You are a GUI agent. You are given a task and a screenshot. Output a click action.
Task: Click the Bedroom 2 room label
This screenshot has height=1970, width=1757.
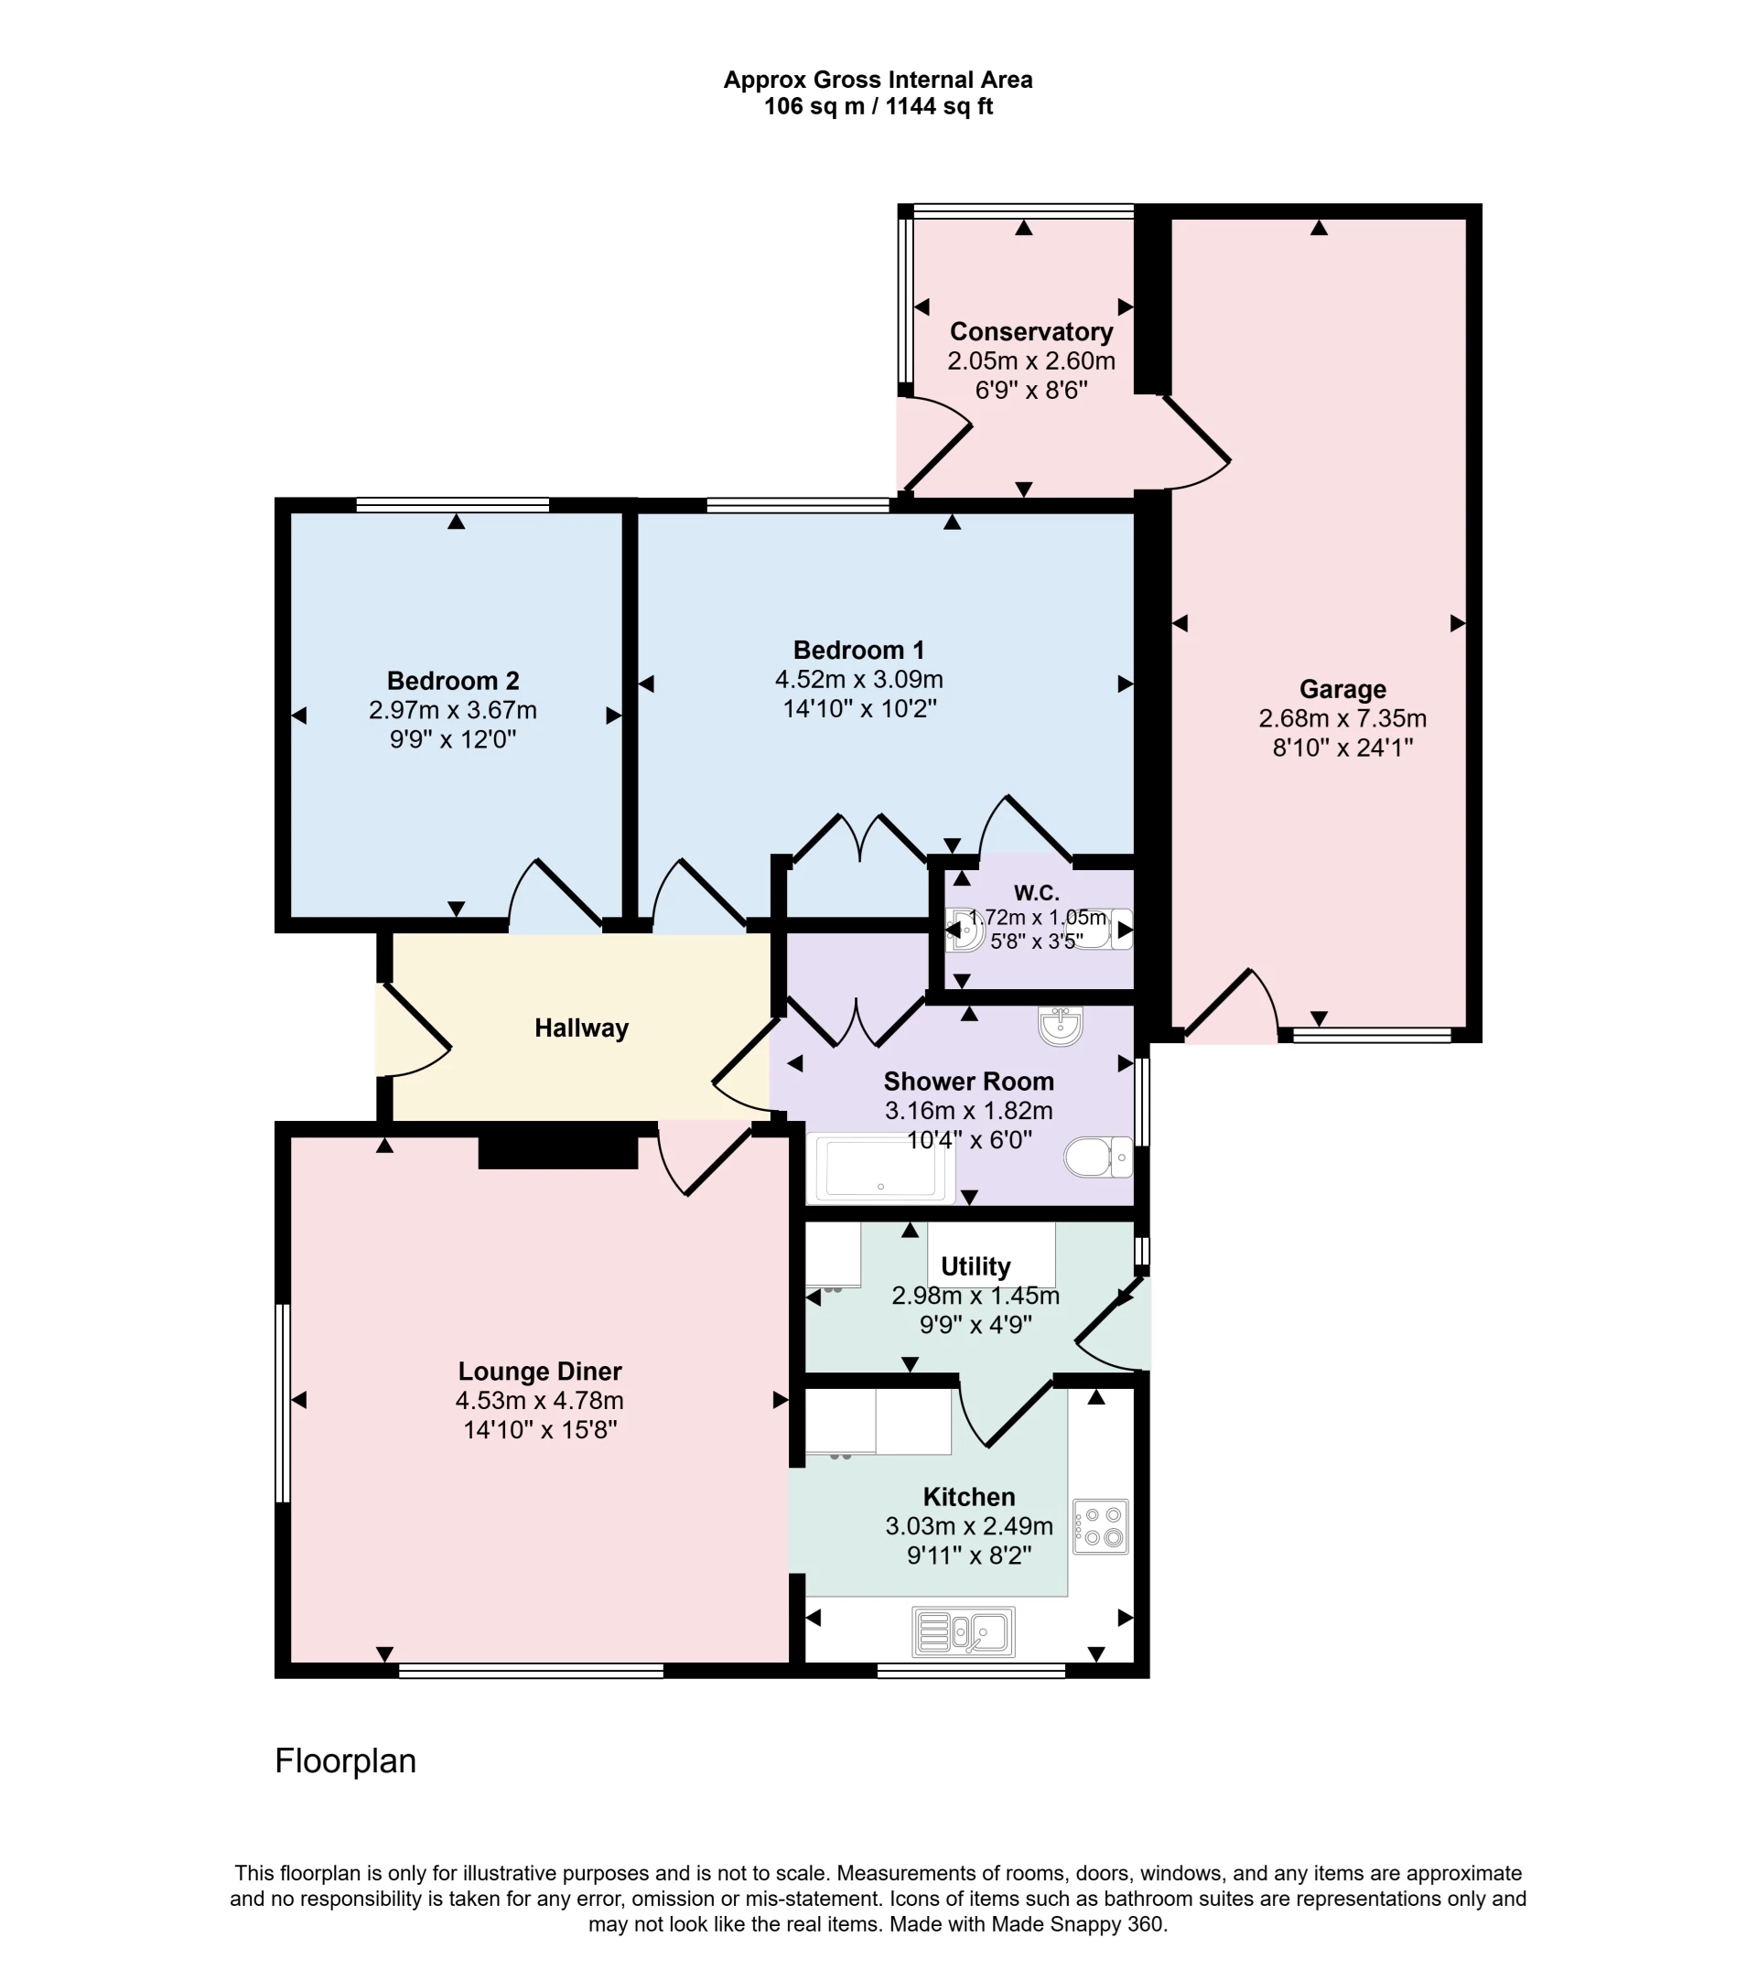453,682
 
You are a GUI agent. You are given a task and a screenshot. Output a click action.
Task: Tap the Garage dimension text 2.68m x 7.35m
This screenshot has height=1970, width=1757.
1342,718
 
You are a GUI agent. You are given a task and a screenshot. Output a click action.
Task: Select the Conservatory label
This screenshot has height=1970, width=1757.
1031,332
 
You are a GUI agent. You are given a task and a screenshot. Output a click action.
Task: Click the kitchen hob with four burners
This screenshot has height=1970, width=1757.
1101,1526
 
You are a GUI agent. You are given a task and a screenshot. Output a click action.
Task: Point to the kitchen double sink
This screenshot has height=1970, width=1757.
964,1631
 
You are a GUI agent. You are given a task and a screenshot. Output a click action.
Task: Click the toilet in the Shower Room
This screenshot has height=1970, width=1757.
1097,1157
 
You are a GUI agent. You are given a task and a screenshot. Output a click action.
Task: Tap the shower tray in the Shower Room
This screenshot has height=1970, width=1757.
880,1168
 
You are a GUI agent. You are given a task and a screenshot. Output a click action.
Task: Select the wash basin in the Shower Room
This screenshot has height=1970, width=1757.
1060,1026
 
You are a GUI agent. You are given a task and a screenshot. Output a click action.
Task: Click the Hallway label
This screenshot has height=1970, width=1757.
581,1028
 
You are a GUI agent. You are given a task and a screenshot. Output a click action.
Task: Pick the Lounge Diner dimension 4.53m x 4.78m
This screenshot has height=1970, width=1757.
540,1401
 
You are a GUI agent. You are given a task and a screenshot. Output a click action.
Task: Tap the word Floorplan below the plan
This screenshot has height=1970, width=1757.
346,1761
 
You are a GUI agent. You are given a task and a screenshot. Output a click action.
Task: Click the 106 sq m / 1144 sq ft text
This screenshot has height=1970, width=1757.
878,107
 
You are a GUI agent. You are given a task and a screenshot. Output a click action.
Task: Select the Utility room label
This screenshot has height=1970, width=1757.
975,1266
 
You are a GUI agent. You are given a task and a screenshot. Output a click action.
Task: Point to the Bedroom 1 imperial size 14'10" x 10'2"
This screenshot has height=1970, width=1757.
859,708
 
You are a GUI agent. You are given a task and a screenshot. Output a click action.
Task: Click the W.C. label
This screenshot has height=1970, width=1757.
1036,893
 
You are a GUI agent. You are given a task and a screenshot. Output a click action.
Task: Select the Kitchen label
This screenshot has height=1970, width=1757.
968,1497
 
